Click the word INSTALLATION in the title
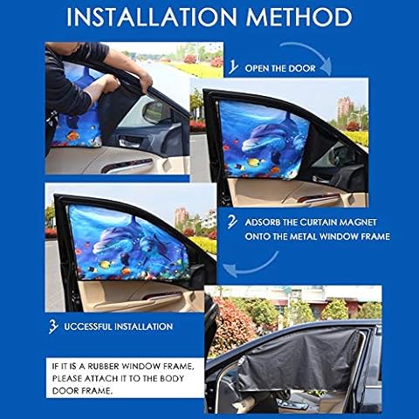click(152, 17)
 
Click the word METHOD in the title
click(299, 17)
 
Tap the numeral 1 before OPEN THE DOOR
click(233, 67)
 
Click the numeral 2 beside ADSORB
click(232, 223)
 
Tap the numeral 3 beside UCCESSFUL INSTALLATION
click(53, 326)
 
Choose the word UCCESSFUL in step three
click(87, 326)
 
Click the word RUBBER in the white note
click(104, 366)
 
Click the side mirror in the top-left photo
click(155, 112)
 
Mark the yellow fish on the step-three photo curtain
click(106, 264)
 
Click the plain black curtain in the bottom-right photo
click(299, 360)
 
